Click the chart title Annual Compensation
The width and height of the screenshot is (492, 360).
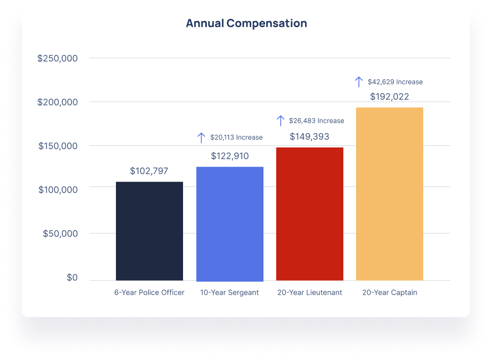tap(246, 23)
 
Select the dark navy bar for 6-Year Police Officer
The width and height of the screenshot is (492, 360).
tap(149, 231)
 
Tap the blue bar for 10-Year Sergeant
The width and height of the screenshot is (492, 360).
tap(230, 224)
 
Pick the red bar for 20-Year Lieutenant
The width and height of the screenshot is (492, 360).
tap(310, 214)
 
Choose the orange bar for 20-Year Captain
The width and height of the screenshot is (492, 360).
tap(389, 194)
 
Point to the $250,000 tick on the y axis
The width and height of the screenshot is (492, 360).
tap(58, 58)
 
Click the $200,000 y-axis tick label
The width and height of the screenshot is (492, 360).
tap(58, 102)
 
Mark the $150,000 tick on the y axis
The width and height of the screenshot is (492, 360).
tap(58, 146)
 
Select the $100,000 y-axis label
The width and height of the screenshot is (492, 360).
tap(58, 190)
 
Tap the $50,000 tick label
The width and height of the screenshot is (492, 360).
tap(60, 234)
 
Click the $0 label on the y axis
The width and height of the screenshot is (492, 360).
tap(72, 277)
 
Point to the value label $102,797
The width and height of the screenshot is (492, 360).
tap(149, 171)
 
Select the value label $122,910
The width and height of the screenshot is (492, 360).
tap(230, 156)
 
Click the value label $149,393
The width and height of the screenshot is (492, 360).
tap(310, 136)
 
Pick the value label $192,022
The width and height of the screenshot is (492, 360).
tap(389, 97)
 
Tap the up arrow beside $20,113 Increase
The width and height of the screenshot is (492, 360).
tap(201, 138)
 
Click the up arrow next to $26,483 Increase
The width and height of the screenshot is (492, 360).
tap(281, 120)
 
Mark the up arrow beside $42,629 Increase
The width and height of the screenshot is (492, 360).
tap(359, 82)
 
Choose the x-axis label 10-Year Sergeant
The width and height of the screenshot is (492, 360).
tap(230, 292)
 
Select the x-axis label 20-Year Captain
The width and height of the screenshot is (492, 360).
tap(389, 292)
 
